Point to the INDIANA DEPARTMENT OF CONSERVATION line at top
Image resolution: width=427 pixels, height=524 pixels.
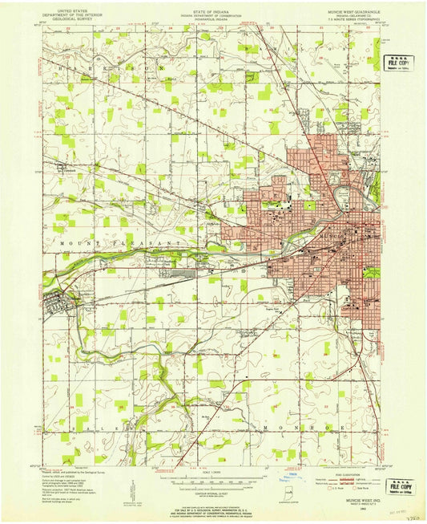(x=213, y=14)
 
